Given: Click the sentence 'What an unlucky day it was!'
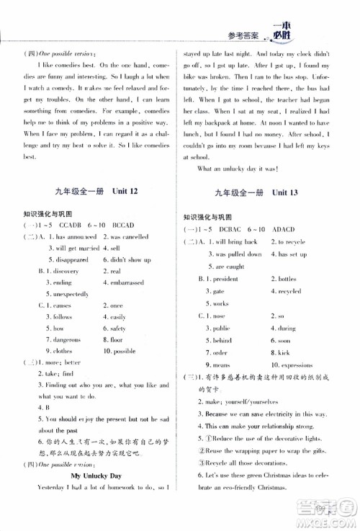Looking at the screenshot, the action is [x=237, y=169].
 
